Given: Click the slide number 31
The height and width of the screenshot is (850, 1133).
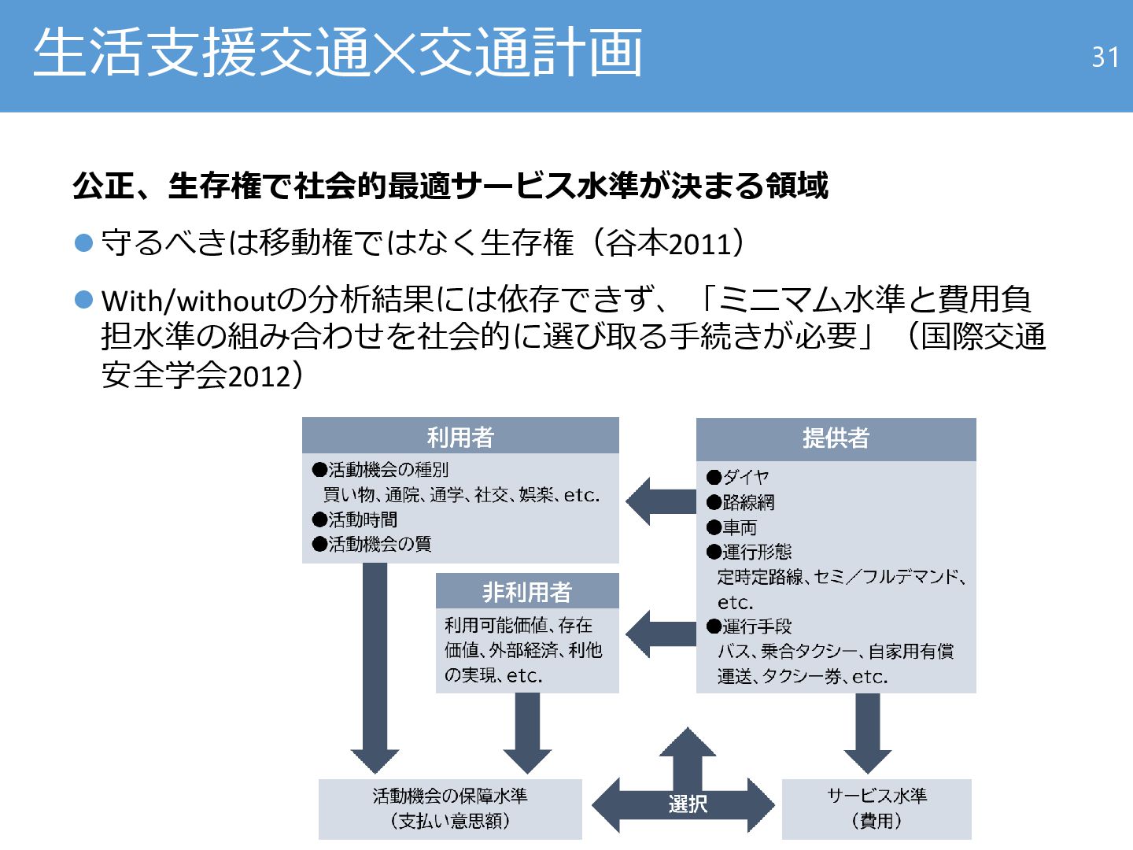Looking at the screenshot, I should (1105, 57).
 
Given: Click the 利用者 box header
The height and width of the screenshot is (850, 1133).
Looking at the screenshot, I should (460, 436).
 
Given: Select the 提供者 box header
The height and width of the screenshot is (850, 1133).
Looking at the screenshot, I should (836, 438).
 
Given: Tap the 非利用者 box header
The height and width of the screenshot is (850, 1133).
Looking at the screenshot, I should (527, 591).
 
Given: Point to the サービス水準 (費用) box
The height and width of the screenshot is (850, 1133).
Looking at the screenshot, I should (877, 808).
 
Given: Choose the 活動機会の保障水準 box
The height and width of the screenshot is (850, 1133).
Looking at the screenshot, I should (450, 808).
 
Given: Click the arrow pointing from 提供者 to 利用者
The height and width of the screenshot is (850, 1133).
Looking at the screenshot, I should (661, 501).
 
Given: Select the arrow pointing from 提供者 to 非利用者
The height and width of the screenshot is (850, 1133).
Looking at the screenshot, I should (661, 634).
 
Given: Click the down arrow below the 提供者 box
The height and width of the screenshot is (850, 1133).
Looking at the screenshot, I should (867, 732).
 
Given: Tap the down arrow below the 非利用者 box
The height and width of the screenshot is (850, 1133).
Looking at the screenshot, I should (527, 732).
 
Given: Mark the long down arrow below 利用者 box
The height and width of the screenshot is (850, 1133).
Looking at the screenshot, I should (375, 669).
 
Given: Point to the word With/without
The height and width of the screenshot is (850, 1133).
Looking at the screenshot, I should (189, 301).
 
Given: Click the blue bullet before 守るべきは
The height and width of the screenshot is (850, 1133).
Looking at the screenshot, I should (84, 242).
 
